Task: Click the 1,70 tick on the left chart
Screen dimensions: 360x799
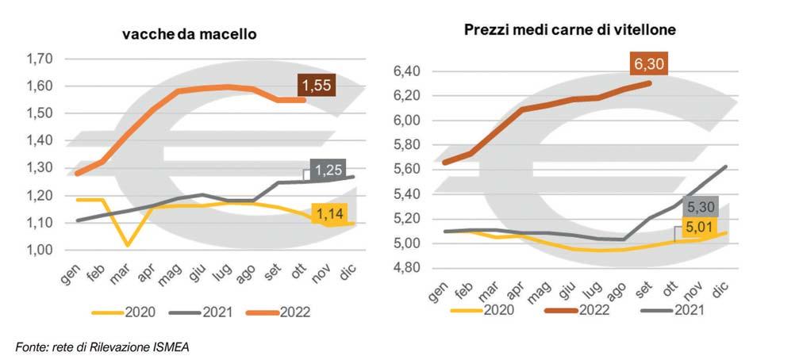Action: click(39, 59)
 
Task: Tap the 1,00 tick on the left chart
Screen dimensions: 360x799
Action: click(39, 250)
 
